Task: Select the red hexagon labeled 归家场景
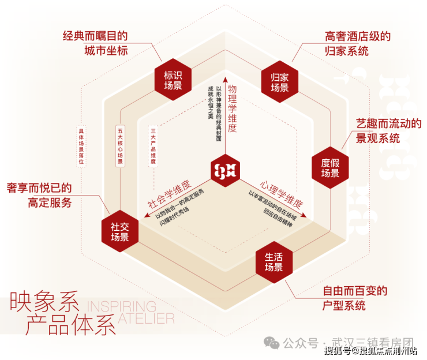coord(280,82)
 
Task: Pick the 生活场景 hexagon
coord(274,262)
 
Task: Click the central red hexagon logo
coord(226,170)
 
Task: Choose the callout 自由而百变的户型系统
coord(355,298)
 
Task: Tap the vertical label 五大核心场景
coord(120,147)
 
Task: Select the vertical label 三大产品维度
coord(153,147)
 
